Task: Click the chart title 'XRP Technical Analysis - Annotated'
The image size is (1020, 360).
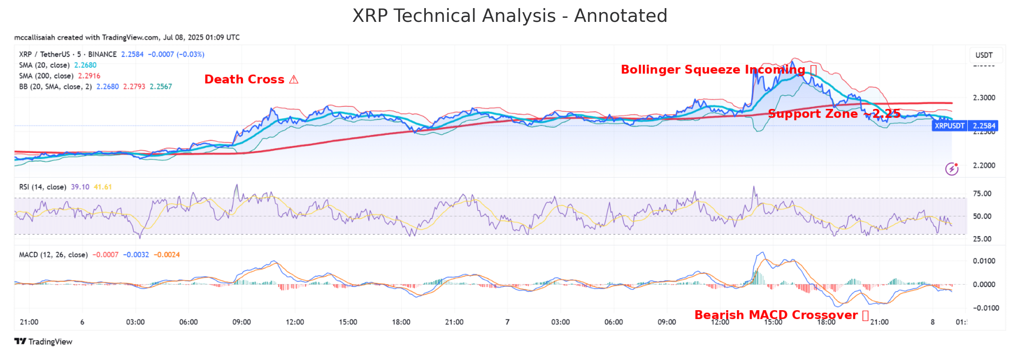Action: pos(510,16)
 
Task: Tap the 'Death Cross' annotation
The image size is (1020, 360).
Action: pos(251,79)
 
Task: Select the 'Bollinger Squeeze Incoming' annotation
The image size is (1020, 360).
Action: pos(718,70)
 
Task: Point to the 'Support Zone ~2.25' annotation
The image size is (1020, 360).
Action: pos(834,114)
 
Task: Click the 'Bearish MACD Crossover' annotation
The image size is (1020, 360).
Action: pos(781,315)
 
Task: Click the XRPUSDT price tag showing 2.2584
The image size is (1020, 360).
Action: pos(965,126)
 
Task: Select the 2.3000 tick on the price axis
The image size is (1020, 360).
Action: pos(984,98)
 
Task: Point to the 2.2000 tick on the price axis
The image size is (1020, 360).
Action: pos(984,165)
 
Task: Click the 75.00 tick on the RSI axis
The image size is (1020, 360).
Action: pos(982,194)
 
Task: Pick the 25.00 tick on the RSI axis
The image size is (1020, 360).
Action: pos(982,239)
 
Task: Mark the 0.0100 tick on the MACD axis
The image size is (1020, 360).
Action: pos(984,261)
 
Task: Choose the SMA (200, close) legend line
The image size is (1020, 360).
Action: pos(59,76)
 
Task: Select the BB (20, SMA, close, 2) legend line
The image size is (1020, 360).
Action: pos(96,87)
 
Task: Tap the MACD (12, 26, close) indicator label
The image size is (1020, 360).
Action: pos(53,255)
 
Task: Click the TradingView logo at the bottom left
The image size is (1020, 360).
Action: pos(43,342)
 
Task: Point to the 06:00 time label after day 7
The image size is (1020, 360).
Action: pos(613,322)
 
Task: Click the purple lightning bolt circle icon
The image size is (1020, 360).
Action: pos(952,169)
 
